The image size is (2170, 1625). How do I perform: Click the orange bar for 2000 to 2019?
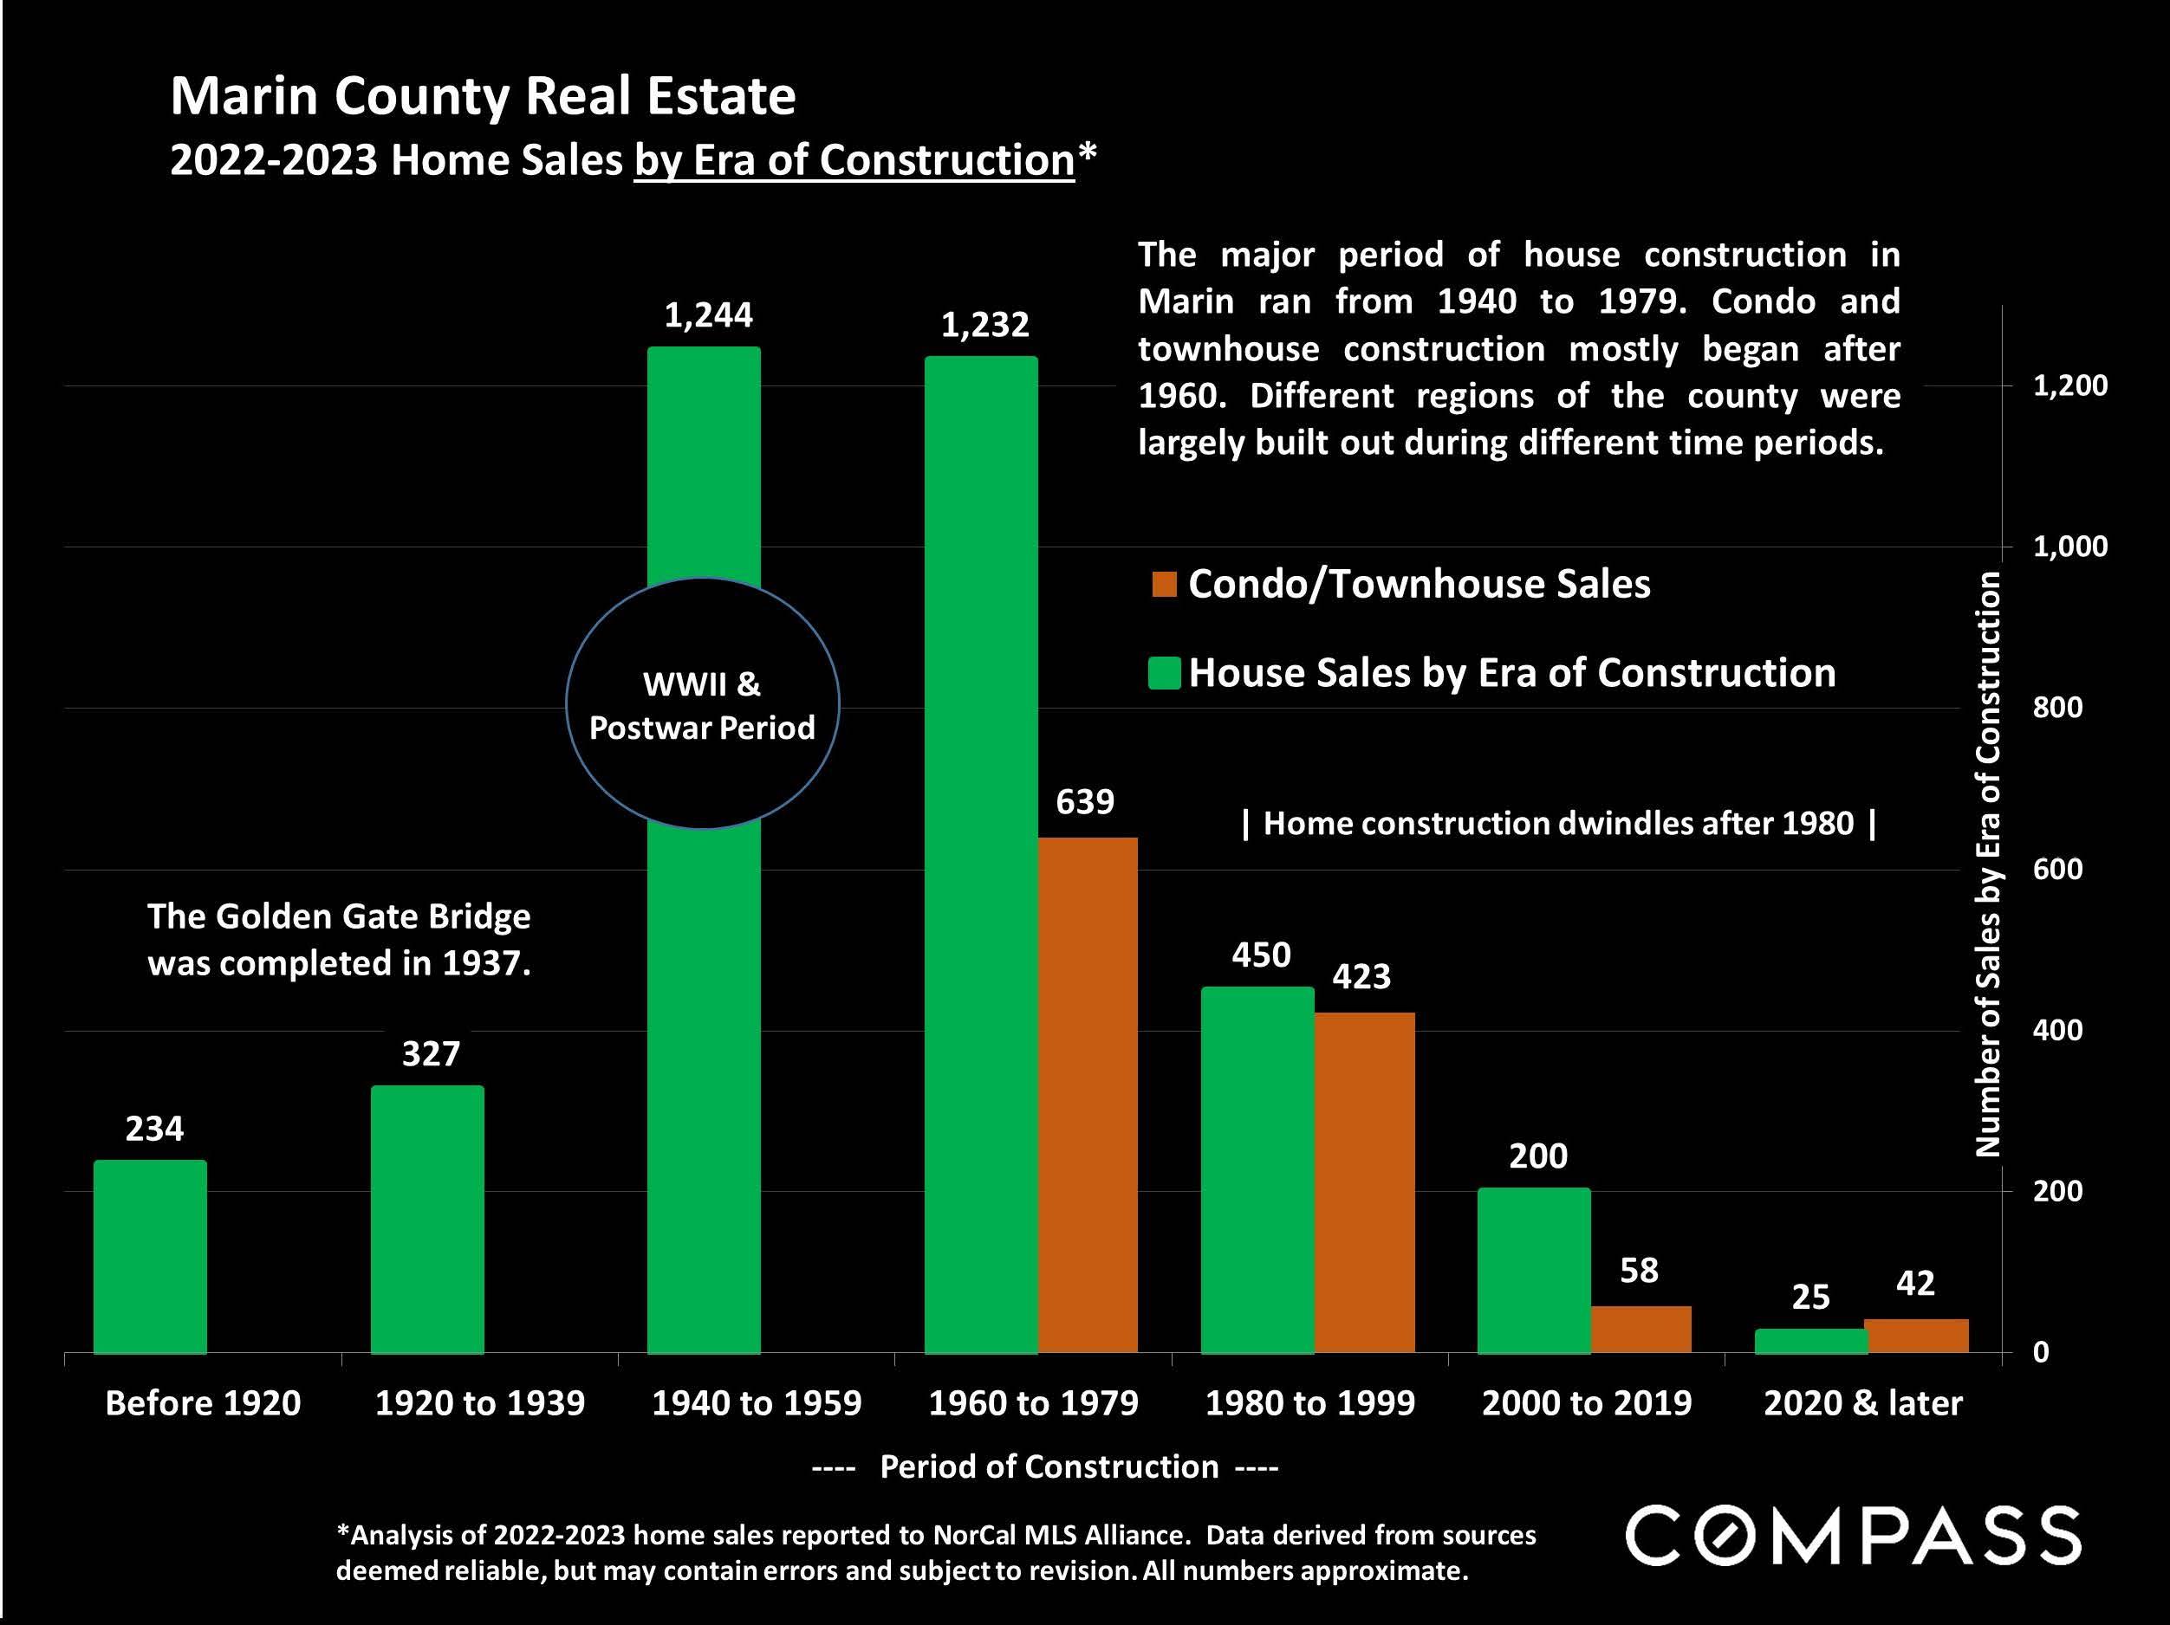coord(1640,1329)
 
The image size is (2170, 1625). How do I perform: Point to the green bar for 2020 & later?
coord(1810,1341)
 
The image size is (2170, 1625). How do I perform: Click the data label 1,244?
coord(708,314)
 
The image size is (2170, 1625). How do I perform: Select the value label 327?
coord(431,1053)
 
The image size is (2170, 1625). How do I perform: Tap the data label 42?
coord(1915,1283)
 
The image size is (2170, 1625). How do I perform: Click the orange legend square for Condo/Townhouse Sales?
coord(1164,585)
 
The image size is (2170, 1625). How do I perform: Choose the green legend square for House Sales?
coord(1164,674)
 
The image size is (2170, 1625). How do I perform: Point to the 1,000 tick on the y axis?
coord(2069,547)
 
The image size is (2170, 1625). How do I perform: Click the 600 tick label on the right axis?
coord(2057,869)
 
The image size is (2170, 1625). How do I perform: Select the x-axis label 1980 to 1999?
coord(1309,1403)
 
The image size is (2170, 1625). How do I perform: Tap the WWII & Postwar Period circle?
coord(703,704)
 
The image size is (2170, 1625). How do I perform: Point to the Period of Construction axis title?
coord(1048,1466)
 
